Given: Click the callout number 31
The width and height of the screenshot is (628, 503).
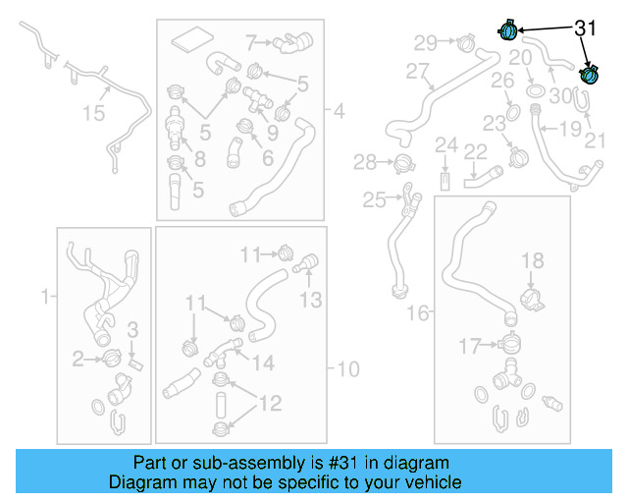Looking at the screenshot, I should (585, 28).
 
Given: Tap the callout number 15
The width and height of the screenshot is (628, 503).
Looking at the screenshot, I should (93, 115).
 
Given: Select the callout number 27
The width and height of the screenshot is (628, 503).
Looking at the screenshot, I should (418, 72).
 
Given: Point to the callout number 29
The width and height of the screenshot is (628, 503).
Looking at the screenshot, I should (425, 42).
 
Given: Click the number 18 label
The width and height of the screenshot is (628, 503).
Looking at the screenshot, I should (532, 260).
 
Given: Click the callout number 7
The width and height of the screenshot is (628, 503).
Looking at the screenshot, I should (251, 42).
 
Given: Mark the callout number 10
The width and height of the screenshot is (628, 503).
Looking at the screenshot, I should (348, 369).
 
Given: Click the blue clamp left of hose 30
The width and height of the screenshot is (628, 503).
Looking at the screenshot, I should (509, 30).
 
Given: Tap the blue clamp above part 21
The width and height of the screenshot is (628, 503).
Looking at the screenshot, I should (591, 75).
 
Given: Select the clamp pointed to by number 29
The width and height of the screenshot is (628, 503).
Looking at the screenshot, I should (464, 42).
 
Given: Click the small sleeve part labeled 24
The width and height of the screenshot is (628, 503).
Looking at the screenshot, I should (445, 183).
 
